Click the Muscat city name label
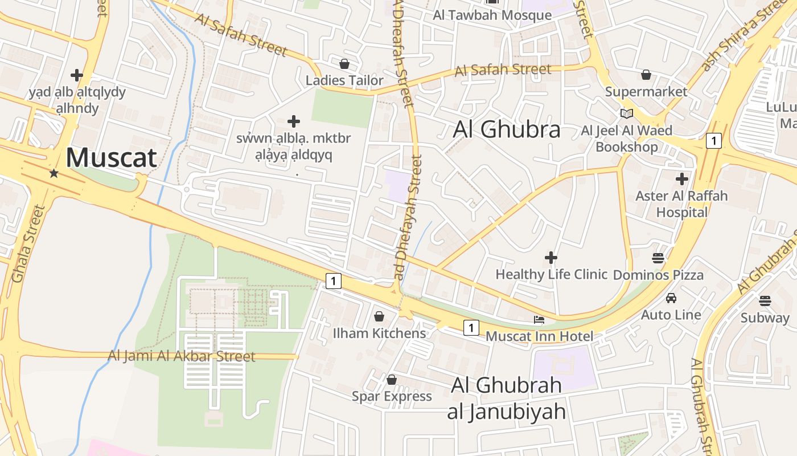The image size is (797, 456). [x=112, y=158]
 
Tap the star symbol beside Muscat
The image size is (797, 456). [x=54, y=173]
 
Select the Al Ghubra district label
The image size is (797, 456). [x=507, y=130]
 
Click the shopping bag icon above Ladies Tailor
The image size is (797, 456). [x=344, y=64]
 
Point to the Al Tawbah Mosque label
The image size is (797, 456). [x=492, y=15]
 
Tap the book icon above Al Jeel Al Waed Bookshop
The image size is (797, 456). [x=627, y=113]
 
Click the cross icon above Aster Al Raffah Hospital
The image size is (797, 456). [x=681, y=179]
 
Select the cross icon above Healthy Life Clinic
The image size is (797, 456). [x=550, y=258]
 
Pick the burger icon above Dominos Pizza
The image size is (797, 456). [x=658, y=258]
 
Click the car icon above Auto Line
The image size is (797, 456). [x=671, y=298]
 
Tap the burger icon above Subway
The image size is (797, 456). [x=765, y=300]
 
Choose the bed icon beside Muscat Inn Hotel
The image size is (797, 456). [x=539, y=320]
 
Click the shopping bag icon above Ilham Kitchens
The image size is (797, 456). [x=379, y=316]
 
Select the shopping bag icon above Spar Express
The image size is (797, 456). [x=392, y=380]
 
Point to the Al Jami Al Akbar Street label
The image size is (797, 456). [x=182, y=357]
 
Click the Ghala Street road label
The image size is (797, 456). [x=28, y=244]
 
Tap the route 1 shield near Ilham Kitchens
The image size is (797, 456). [x=334, y=280]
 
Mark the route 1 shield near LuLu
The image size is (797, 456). [x=713, y=140]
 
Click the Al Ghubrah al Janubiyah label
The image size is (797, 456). [x=507, y=398]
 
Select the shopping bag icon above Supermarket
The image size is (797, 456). [x=646, y=75]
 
